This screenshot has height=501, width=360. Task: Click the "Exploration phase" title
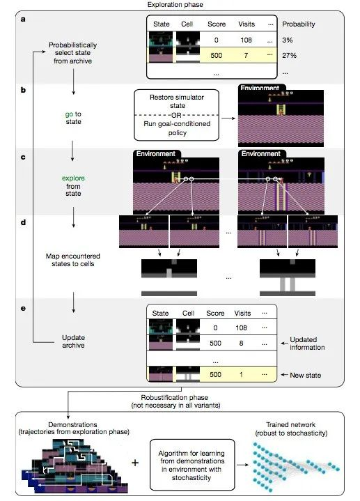point(175,4)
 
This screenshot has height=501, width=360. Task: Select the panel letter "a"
point(23,20)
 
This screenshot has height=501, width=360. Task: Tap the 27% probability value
point(289,55)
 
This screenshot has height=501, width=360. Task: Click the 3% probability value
point(287,40)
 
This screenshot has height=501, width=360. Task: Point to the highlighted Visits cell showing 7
point(246,55)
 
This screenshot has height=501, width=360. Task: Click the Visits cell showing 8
point(241,343)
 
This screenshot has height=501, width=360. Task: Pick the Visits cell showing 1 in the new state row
point(241,374)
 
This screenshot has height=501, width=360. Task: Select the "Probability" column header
point(298,24)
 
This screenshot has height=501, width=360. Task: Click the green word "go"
point(69,114)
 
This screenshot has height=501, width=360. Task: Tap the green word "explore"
point(73,178)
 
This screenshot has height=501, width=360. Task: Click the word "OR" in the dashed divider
point(176,115)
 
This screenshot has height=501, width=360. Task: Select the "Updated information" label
point(307,344)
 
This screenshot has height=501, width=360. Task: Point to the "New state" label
point(306,375)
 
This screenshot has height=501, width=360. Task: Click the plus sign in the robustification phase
point(135,463)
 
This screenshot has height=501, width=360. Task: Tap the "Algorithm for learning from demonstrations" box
point(192,465)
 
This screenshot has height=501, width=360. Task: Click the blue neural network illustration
point(296,466)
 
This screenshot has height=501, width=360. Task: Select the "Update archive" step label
point(74,341)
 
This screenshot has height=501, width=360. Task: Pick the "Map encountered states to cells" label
point(73,260)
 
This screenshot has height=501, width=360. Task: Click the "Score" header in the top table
point(217,24)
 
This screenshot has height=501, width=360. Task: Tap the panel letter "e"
point(23,308)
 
